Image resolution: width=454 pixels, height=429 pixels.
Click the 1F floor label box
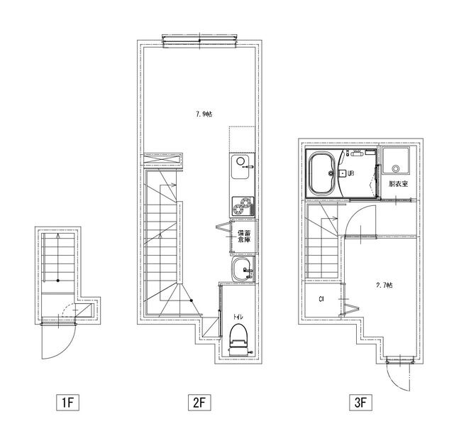tap(67, 403)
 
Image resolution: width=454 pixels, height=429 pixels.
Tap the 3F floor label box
tap(360, 403)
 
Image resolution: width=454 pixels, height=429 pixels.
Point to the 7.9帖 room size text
tap(204, 114)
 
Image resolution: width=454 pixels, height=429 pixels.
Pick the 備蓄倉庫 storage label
tap(243, 237)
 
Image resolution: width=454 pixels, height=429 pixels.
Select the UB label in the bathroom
tap(350, 173)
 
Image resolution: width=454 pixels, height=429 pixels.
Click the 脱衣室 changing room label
tap(397, 184)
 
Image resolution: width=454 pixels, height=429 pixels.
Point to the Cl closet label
tap(321, 299)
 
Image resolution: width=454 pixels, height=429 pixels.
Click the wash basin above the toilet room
tap(241, 268)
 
